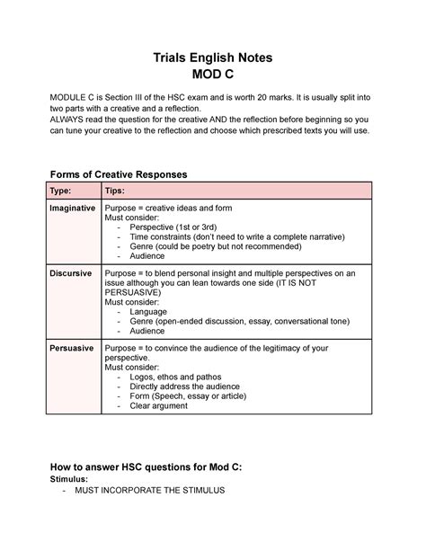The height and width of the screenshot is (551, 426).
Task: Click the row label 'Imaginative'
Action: coord(73,208)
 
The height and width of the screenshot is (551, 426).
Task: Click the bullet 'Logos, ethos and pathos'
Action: coord(179,377)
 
